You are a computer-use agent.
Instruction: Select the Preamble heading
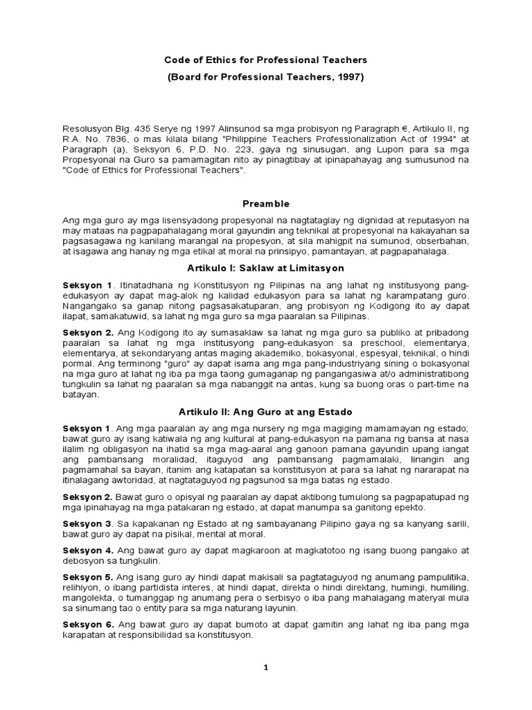coord(265,204)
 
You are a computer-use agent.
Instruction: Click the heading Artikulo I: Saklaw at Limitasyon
coord(265,268)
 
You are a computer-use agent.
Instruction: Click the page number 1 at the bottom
coord(265,667)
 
